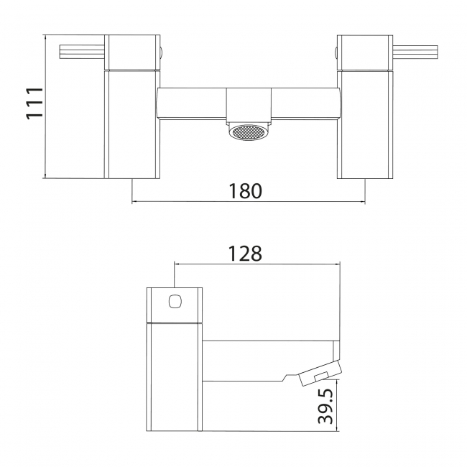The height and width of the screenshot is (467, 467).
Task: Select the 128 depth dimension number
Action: (x=246, y=254)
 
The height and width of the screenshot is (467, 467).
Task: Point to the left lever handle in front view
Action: (x=81, y=50)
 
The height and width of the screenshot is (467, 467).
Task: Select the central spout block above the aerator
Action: (x=247, y=105)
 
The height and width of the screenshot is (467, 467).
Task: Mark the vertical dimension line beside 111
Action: (x=45, y=106)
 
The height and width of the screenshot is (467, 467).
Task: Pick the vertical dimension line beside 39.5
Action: (x=340, y=406)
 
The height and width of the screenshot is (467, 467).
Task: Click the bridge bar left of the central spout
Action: (x=191, y=103)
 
